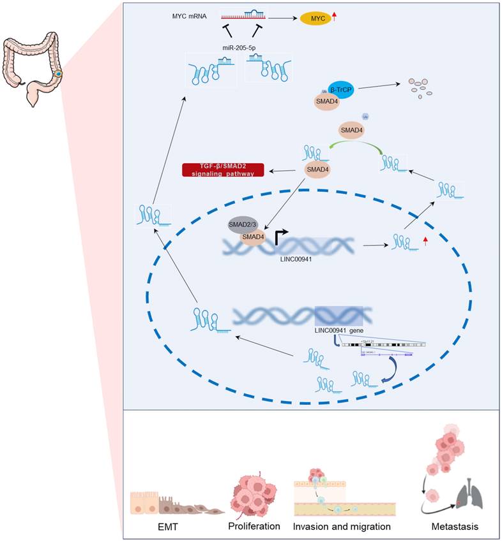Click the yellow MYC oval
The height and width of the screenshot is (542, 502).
click(317, 18)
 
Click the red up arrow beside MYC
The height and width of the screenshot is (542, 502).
click(335, 17)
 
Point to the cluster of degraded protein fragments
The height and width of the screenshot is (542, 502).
click(420, 88)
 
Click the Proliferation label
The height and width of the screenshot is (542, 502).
click(254, 527)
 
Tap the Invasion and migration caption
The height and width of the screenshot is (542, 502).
click(342, 527)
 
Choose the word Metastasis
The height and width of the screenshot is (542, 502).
click(454, 527)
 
